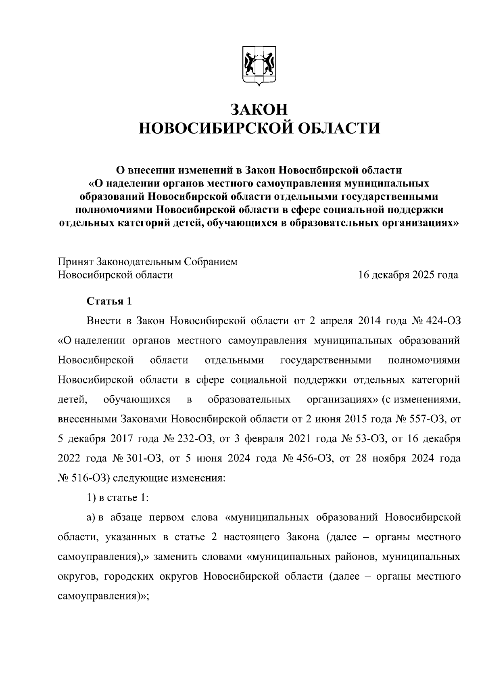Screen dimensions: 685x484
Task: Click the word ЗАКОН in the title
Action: [259, 109]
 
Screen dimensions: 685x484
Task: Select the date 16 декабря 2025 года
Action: [408, 275]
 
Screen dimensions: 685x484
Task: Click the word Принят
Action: [75, 262]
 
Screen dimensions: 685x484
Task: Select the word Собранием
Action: [211, 262]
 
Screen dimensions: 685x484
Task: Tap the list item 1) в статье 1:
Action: [118, 498]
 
